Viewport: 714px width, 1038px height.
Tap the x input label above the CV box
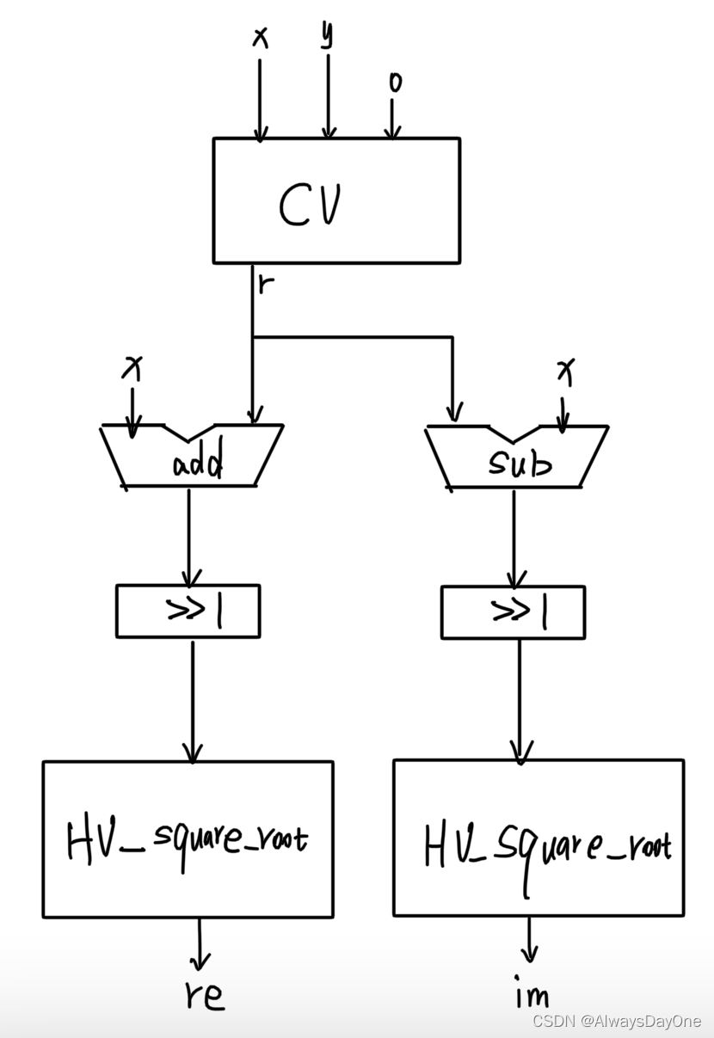[x=259, y=37]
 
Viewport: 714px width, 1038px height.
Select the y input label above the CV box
[x=327, y=35]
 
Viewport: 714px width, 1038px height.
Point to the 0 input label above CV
[x=395, y=83]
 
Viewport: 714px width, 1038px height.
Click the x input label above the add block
[x=132, y=369]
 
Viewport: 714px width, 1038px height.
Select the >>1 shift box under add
[x=188, y=611]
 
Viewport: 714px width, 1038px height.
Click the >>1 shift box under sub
[x=513, y=612]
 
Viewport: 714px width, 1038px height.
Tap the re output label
[x=204, y=994]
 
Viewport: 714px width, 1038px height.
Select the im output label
[x=532, y=995]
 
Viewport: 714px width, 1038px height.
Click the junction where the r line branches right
[x=253, y=337]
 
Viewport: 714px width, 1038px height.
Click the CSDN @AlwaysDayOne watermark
[x=616, y=1021]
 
